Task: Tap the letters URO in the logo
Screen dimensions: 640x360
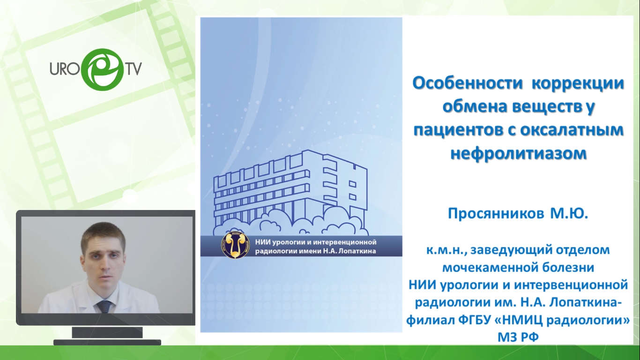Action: coord(65,68)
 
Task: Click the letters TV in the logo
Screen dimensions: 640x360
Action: coord(134,69)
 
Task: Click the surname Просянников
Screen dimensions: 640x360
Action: coord(496,213)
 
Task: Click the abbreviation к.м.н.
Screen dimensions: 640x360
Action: coord(447,250)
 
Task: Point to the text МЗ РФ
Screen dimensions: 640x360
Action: coord(518,337)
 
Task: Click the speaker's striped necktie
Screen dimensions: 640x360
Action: coord(104,306)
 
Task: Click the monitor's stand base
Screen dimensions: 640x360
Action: coord(107,342)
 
